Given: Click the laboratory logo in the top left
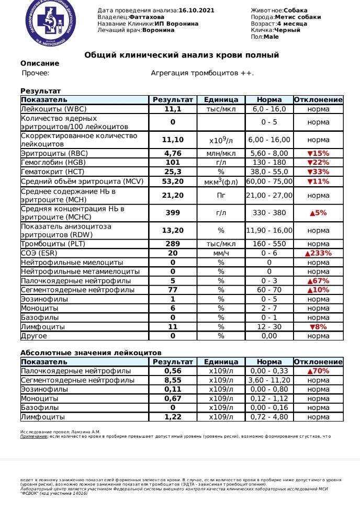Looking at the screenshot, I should (x=50, y=23).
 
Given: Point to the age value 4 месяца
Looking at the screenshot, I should (x=291, y=24).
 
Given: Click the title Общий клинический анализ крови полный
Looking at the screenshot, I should (x=182, y=55).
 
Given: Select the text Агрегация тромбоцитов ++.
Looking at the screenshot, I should (x=202, y=73).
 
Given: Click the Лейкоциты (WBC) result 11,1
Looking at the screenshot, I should (x=173, y=109).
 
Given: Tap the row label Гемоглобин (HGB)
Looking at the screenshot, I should (x=54, y=163).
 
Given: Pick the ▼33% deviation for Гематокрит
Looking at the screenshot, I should (x=318, y=172).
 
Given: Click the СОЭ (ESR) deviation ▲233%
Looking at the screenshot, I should (x=318, y=253).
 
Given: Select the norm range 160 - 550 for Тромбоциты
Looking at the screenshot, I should (x=269, y=244).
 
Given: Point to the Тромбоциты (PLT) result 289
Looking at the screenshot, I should (x=173, y=244).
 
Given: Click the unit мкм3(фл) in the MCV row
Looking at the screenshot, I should (x=221, y=182).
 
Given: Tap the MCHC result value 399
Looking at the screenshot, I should (x=173, y=213).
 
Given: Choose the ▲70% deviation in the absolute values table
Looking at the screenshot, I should (x=318, y=371).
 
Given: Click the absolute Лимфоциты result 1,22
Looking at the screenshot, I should (x=173, y=417).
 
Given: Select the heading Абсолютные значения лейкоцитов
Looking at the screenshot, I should (x=91, y=353).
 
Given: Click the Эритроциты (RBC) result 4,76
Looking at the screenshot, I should (x=173, y=154).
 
